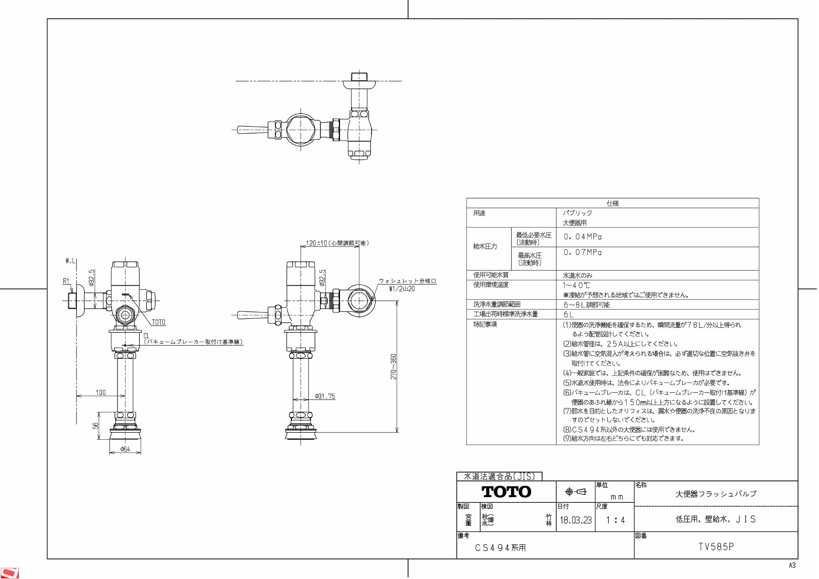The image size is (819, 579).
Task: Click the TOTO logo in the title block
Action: tap(506, 492)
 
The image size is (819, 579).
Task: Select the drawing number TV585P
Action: tap(716, 547)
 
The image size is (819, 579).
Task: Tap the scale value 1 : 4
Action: tap(615, 520)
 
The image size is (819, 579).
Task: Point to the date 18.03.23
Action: tap(575, 520)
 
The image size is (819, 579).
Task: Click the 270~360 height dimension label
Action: tap(393, 366)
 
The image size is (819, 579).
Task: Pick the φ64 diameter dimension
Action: tap(125, 449)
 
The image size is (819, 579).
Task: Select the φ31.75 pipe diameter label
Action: tap(325, 396)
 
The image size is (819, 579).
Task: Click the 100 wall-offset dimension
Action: tap(101, 392)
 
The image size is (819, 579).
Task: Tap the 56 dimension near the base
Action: tap(95, 426)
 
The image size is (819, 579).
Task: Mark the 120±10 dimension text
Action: tap(316, 243)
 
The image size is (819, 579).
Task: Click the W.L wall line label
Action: tap(70, 261)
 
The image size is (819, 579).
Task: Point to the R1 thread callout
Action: tap(66, 281)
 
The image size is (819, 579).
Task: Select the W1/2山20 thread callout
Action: tap(402, 289)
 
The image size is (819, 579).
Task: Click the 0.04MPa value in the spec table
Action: tap(583, 237)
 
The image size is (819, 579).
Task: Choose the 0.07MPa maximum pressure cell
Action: tap(583, 252)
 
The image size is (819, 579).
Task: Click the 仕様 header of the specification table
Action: tap(612, 203)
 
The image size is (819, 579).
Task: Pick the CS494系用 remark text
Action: tap(500, 548)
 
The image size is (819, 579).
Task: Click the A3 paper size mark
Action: tap(792, 565)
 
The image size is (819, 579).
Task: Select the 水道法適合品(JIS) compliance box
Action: tap(499, 476)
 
